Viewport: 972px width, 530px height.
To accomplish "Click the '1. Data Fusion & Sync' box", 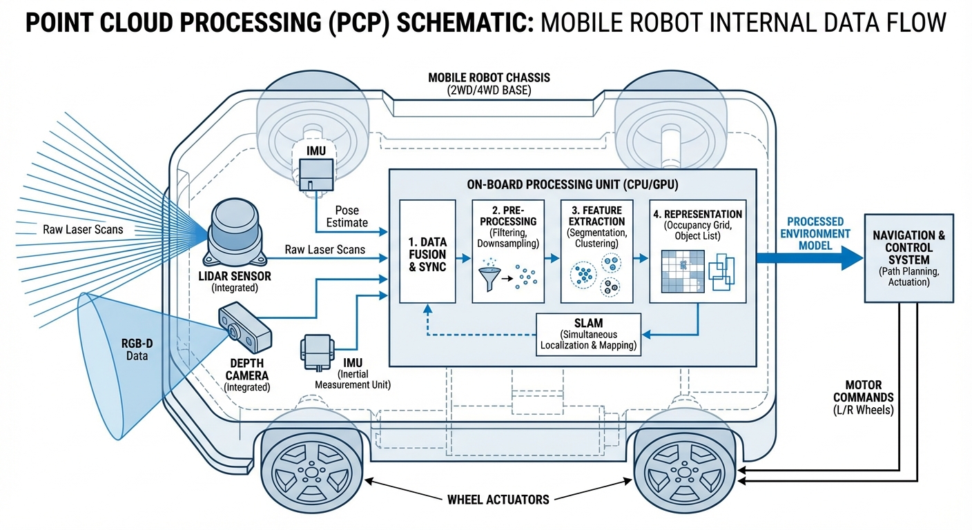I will coord(427,251).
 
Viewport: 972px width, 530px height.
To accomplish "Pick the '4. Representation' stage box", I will coord(697,251).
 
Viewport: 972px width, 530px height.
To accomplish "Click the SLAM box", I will coord(588,335).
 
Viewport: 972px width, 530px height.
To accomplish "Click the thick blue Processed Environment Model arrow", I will coord(808,257).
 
